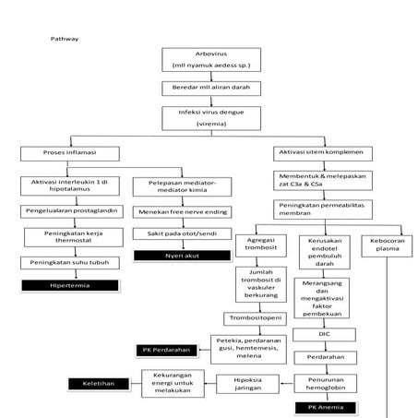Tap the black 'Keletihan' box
(x=97, y=381)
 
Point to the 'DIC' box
(x=323, y=332)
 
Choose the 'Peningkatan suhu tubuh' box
(x=64, y=263)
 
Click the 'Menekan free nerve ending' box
(x=182, y=211)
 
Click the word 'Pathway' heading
(x=64, y=40)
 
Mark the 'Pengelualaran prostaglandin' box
(x=64, y=211)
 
